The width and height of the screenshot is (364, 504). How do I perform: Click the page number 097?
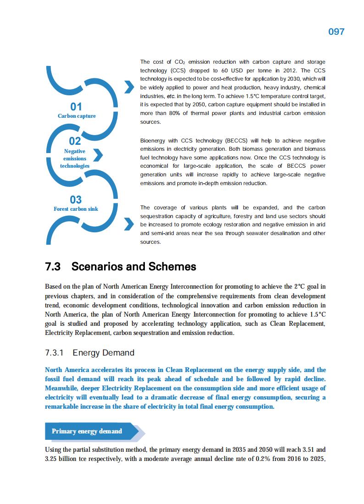pyautogui.click(x=336, y=32)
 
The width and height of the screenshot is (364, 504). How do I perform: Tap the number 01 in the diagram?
pyautogui.click(x=76, y=107)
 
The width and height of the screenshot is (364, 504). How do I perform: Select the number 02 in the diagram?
pyautogui.click(x=75, y=141)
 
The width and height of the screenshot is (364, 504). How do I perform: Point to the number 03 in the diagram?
pyautogui.click(x=76, y=199)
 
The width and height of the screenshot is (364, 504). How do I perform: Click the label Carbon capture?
pyautogui.click(x=77, y=116)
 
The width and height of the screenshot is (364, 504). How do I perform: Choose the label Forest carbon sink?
pyautogui.click(x=76, y=209)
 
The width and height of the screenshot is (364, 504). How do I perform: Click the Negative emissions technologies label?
pyautogui.click(x=75, y=158)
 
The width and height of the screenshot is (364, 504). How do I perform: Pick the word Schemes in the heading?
pyautogui.click(x=172, y=267)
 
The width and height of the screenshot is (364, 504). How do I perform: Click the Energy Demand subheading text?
pyautogui.click(x=103, y=353)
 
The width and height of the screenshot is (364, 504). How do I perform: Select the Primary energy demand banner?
pyautogui.click(x=87, y=431)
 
